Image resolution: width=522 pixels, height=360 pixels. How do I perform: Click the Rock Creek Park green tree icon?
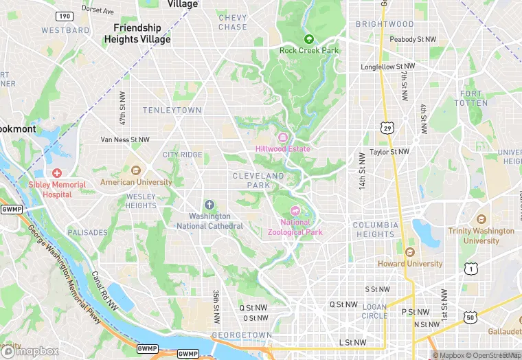(308, 39)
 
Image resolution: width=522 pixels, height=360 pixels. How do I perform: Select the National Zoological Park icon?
(296, 210)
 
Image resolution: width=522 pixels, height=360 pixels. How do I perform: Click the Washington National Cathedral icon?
(209, 205)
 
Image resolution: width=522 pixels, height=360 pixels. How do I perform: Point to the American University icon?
(136, 170)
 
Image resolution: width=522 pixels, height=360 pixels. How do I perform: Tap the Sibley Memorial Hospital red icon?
(57, 173)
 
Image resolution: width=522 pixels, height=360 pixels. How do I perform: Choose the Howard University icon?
(410, 252)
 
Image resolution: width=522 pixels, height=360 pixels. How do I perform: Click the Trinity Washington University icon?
(481, 219)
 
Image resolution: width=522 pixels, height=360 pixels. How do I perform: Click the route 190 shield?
(65, 16)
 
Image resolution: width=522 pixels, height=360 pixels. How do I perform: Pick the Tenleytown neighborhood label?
(172, 110)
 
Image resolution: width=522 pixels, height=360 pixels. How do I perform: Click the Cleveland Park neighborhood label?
(258, 181)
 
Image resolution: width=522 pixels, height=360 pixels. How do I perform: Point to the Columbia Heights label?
(376, 229)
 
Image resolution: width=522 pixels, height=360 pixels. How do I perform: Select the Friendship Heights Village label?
(137, 34)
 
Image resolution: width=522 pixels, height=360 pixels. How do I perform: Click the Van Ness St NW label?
(125, 139)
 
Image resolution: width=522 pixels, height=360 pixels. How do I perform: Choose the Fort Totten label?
(474, 98)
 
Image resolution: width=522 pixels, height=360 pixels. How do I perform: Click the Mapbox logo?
(31, 351)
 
